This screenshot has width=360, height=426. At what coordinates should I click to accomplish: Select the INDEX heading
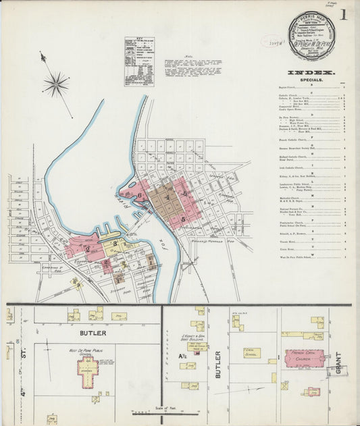(x=310, y=72)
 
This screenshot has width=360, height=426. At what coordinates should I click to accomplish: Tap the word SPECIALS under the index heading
(x=309, y=79)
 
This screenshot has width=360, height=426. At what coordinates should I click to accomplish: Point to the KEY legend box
(x=138, y=61)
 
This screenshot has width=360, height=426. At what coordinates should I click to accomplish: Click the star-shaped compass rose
(x=55, y=84)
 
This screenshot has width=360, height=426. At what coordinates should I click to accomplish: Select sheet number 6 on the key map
(x=140, y=196)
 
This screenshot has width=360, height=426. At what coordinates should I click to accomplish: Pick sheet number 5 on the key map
(x=182, y=220)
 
